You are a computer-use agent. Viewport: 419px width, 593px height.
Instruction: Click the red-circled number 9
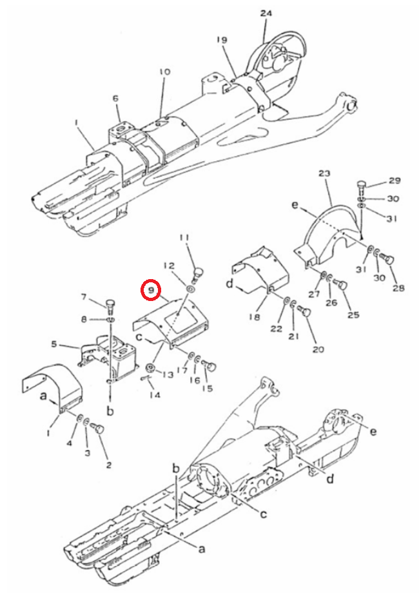(151, 290)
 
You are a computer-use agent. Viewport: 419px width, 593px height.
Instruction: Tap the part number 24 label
(266, 14)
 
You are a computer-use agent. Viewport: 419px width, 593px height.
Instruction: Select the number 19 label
(222, 40)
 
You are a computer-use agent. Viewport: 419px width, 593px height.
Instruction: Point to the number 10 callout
(165, 72)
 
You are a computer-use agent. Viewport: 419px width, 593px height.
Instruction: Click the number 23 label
(324, 173)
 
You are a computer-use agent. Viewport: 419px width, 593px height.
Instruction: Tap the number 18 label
(255, 316)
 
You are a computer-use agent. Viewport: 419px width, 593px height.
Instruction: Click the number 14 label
(155, 395)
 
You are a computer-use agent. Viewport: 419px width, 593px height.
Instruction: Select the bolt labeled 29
(362, 187)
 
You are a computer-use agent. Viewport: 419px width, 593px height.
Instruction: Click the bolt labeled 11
(198, 273)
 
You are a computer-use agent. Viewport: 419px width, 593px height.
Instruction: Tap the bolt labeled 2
(99, 429)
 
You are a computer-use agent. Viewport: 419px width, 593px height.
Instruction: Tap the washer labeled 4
(79, 418)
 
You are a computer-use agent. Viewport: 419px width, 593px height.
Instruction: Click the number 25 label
(353, 315)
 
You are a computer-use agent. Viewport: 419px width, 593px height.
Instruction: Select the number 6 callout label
(115, 99)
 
